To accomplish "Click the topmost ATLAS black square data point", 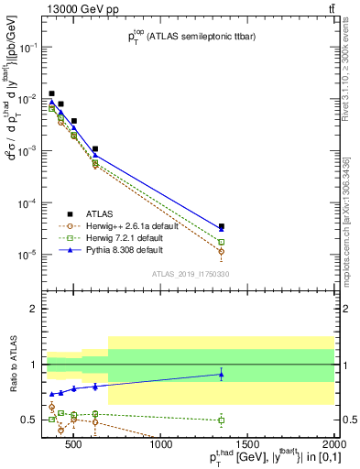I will tap(52, 93).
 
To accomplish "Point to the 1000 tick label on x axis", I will tap(161, 446).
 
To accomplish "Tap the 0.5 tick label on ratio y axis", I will tap(29, 420).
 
